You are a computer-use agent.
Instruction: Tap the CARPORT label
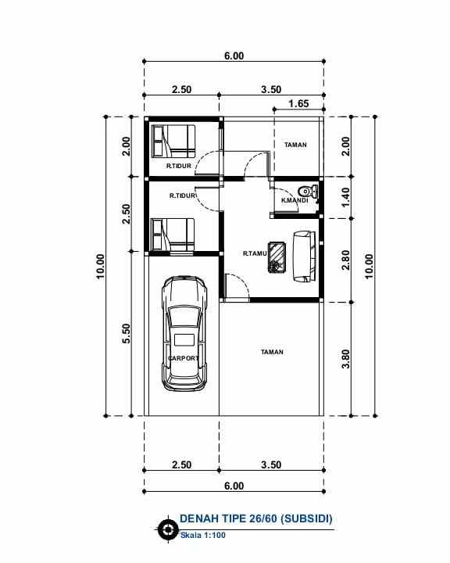coord(183,358)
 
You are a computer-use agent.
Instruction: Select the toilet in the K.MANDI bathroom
coord(310,191)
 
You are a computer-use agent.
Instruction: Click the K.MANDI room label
coord(295,201)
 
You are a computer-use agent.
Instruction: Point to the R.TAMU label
coord(255,253)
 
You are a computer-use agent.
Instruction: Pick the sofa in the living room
coord(304,256)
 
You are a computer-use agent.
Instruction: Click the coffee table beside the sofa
coord(277,256)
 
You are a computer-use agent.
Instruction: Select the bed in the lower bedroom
coord(173,235)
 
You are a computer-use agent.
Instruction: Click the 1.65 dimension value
coord(298,103)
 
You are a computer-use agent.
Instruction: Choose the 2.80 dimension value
coord(346,260)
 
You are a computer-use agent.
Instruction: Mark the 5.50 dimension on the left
coord(127,334)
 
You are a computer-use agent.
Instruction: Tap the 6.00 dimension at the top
coord(234,56)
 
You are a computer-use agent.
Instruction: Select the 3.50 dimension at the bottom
coord(271,464)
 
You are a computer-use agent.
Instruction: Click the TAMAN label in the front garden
coord(272,352)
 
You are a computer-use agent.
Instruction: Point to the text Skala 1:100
coord(202,536)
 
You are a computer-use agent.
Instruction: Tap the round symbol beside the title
coord(167,529)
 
